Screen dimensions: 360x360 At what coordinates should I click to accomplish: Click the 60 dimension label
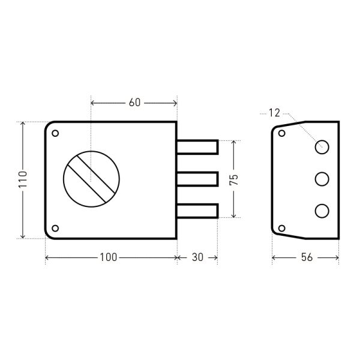(x=134, y=103)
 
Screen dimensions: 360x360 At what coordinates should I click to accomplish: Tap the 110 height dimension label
(x=23, y=179)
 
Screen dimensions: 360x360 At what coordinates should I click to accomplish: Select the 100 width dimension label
(x=109, y=257)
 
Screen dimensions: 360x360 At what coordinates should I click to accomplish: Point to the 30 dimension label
(x=197, y=257)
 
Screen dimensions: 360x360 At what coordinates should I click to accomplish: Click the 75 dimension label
(x=234, y=179)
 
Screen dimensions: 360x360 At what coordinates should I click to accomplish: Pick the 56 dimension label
(x=307, y=257)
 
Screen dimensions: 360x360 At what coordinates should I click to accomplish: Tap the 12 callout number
(x=274, y=113)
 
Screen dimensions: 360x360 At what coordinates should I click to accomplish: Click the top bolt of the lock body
(x=197, y=147)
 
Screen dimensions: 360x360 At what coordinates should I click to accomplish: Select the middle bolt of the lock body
(x=197, y=179)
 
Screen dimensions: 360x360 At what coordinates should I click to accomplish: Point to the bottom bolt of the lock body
(x=197, y=211)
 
